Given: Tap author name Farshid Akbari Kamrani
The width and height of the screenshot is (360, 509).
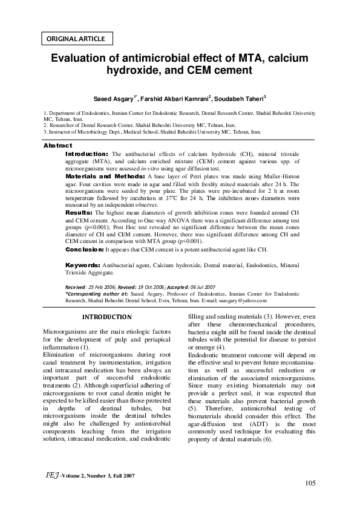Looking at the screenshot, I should pyautogui.click(x=176, y=99).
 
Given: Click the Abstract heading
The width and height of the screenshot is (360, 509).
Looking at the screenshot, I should pyautogui.click(x=57, y=146).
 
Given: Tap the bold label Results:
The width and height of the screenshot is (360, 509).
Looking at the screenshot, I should pyautogui.click(x=79, y=213).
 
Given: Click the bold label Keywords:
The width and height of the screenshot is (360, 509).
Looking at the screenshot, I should pyautogui.click(x=83, y=265).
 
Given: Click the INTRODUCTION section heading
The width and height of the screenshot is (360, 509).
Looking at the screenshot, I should pyautogui.click(x=106, y=317).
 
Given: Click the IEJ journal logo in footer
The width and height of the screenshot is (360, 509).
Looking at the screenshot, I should pyautogui.click(x=50, y=476).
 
